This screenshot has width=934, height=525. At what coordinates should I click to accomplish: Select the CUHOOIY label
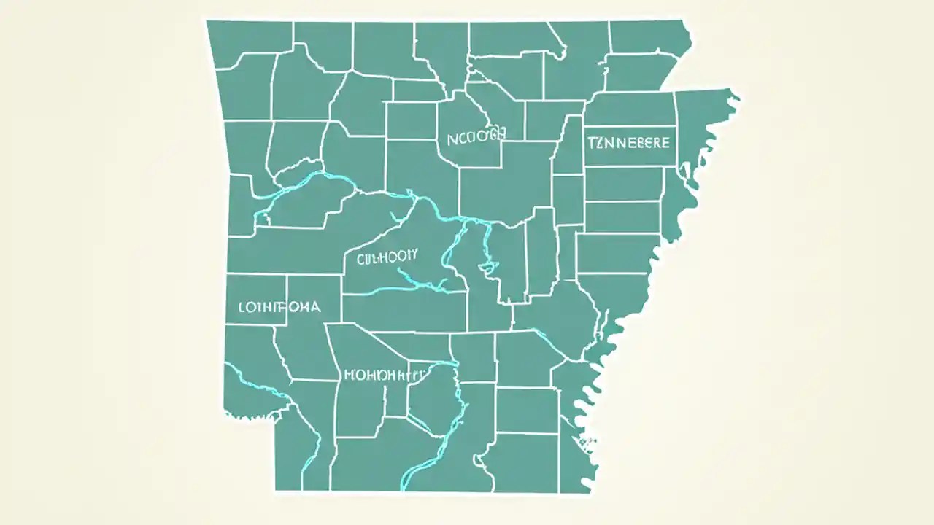pos(387,256)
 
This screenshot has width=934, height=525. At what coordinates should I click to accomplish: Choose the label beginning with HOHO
pos(383,376)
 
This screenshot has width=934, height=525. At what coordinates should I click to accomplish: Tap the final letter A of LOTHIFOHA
pos(314,307)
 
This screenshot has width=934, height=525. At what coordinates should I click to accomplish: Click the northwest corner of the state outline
pos(208,22)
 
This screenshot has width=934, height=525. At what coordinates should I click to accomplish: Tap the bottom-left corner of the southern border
pos(277,489)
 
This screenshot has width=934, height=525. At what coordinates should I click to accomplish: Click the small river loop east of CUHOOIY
pos(485,266)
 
